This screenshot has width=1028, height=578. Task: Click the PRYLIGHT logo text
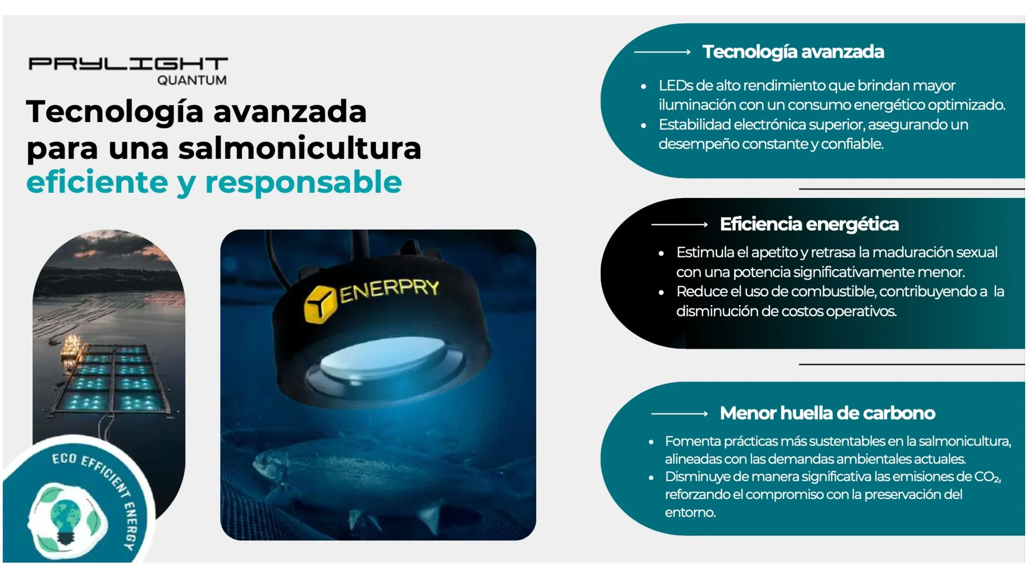pos(128,64)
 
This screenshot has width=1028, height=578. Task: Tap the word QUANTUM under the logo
pos(192,80)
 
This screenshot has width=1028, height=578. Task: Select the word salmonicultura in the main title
pos(300,148)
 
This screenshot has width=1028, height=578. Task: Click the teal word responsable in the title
pos(303,182)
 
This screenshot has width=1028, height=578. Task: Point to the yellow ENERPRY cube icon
pos(317,305)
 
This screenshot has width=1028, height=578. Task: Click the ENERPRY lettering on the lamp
pos(389,290)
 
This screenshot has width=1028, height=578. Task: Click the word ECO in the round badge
pos(64,459)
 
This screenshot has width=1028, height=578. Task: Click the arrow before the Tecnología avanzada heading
pos(662,52)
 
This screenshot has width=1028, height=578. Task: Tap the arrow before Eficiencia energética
pos(679,224)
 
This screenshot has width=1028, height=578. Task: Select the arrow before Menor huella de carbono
pos(679,414)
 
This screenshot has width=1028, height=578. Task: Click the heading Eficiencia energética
pos(809,224)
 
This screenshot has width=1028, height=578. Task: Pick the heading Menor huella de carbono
pos(827,413)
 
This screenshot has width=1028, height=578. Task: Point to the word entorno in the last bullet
pos(690,512)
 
